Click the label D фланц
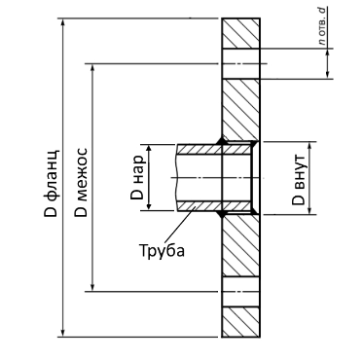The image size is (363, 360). click(52, 183)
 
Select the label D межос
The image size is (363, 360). click(81, 182)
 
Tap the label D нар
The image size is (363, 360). click(137, 178)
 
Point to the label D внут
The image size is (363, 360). click(299, 180)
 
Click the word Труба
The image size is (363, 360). click(162, 250)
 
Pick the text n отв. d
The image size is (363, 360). click(321, 25)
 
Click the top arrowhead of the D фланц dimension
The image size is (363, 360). click(62, 21)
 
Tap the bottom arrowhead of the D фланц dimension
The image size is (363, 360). click(62, 333)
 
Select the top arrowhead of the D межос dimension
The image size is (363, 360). click(92, 67)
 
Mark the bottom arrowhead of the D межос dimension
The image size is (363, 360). click(92, 287)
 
